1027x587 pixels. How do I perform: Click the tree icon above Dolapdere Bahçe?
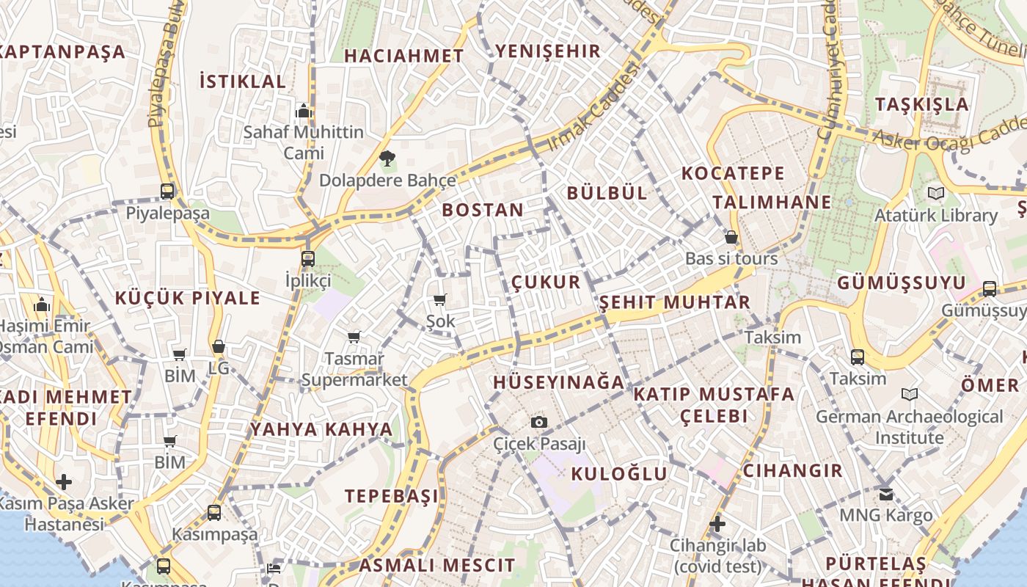pos(387,157)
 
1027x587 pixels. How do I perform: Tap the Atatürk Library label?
pos(935,216)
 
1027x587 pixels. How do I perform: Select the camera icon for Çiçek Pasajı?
pos(539,422)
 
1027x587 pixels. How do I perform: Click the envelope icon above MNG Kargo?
pos(886,494)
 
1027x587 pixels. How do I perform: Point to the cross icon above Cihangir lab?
pos(717,524)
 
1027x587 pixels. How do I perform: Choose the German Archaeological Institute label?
pos(909,427)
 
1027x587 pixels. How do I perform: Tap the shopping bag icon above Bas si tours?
pos(731,236)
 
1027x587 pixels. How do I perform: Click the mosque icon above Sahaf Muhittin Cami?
pos(303,112)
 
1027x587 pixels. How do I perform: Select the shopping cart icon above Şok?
pos(440,299)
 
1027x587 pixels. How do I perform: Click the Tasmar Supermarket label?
pos(354,369)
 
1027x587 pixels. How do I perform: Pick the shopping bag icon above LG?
pos(219,346)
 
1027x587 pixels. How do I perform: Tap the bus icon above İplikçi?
pos(308,258)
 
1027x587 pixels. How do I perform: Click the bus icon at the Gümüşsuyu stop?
pos(990,288)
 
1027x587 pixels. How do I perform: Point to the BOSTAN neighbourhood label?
pos(483,210)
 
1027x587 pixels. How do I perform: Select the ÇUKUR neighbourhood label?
pos(546,282)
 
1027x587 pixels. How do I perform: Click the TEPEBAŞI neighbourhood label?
pos(392,496)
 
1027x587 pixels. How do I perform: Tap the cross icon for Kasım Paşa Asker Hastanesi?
pos(64,482)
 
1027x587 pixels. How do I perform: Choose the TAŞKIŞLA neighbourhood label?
pos(922,104)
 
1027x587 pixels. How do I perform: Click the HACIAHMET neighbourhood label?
pos(403,56)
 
